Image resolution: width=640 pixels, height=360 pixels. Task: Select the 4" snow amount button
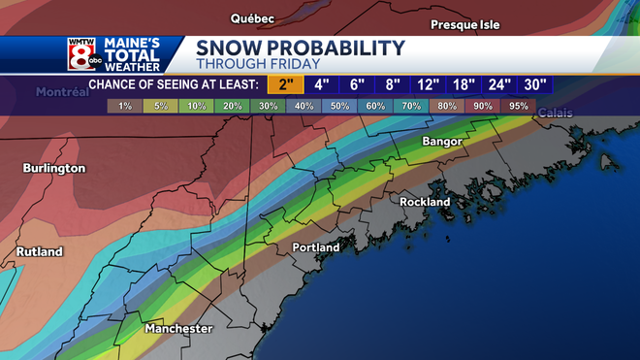coord(323,84)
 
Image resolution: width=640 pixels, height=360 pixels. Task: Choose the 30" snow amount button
coord(533,84)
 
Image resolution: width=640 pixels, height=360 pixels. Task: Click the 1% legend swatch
coord(124,105)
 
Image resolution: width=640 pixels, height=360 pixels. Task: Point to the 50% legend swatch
coord(341,105)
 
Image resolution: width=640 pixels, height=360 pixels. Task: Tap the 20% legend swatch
coord(233,105)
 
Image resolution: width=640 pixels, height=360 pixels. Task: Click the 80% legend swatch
coord(446,105)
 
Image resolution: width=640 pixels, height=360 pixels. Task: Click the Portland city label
coord(316,247)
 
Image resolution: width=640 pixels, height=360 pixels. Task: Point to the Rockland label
coord(425,202)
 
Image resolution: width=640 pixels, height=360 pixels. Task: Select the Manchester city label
coord(178,329)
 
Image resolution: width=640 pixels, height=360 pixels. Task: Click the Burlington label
coord(54,168)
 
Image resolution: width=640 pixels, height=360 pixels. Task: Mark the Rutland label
coord(40,252)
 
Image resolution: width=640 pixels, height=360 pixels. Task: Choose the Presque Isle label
coord(465,24)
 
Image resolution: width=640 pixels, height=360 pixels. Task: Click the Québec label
coord(252,18)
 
